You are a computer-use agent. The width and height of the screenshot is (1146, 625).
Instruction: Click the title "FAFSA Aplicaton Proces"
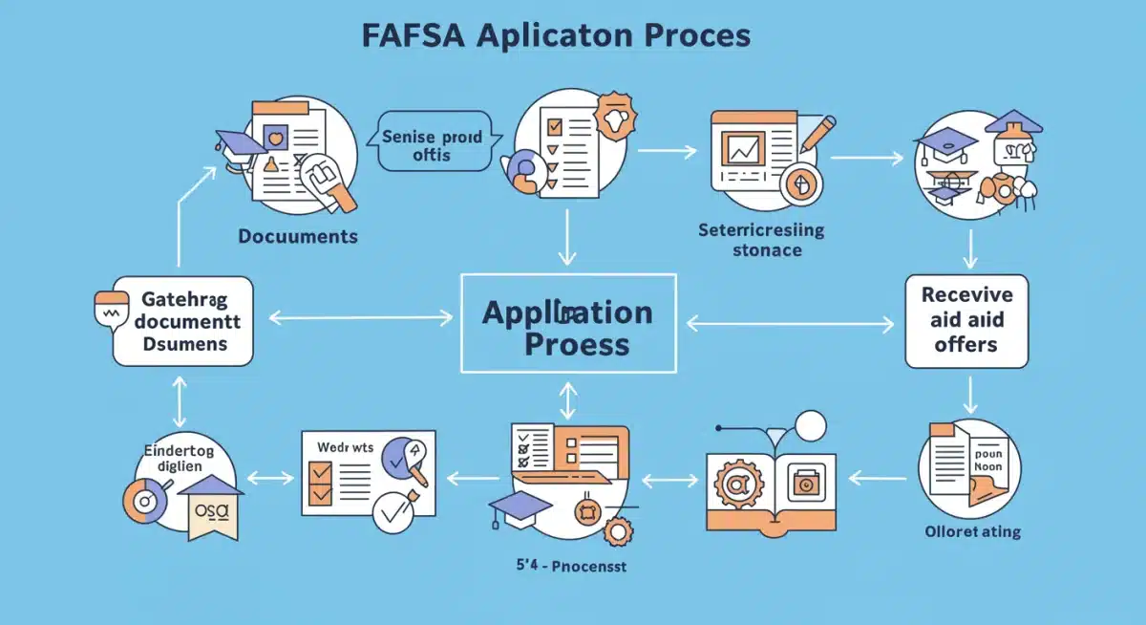click(x=556, y=34)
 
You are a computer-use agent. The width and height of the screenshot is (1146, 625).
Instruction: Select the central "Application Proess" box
click(x=568, y=323)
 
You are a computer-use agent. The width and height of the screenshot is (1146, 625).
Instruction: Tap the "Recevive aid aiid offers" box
click(x=966, y=320)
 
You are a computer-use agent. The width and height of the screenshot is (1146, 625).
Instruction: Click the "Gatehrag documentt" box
click(x=182, y=320)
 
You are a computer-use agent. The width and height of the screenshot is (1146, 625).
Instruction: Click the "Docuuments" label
click(x=298, y=235)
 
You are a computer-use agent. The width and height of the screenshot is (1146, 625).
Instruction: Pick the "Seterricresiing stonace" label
click(x=760, y=240)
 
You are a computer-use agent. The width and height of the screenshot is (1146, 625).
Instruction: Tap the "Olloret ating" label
click(x=972, y=531)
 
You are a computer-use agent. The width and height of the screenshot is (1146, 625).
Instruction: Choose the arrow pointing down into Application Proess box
click(x=567, y=236)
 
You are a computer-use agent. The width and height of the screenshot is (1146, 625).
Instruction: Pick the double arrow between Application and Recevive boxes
click(x=789, y=324)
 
